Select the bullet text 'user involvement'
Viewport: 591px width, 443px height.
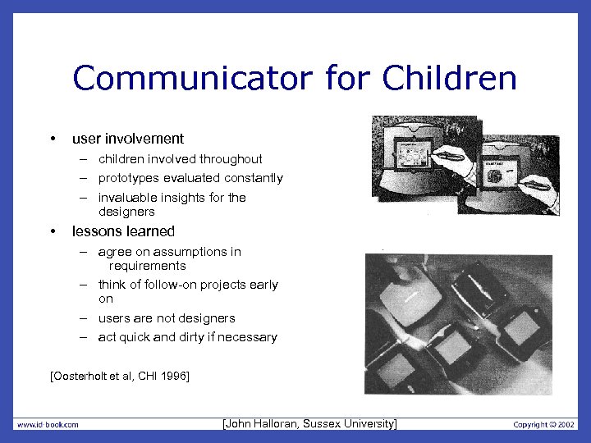pos(128,139)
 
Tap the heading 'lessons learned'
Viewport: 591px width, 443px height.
pos(123,231)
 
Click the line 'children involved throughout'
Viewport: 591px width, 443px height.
pos(180,158)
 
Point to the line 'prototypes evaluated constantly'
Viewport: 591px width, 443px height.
pos(190,178)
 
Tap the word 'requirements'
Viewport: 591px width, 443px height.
pos(147,266)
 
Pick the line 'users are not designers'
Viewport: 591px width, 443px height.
pos(167,318)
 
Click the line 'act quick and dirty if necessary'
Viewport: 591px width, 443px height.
pos(187,337)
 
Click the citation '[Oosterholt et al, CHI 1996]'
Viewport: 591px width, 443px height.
pos(120,377)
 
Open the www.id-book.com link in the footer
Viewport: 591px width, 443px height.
pos(48,424)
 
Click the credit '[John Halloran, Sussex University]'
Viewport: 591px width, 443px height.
pos(309,423)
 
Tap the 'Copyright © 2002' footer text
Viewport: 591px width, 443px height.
pos(544,424)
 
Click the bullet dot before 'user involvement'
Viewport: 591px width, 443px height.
pos(53,139)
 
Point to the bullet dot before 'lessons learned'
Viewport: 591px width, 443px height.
pos(53,231)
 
